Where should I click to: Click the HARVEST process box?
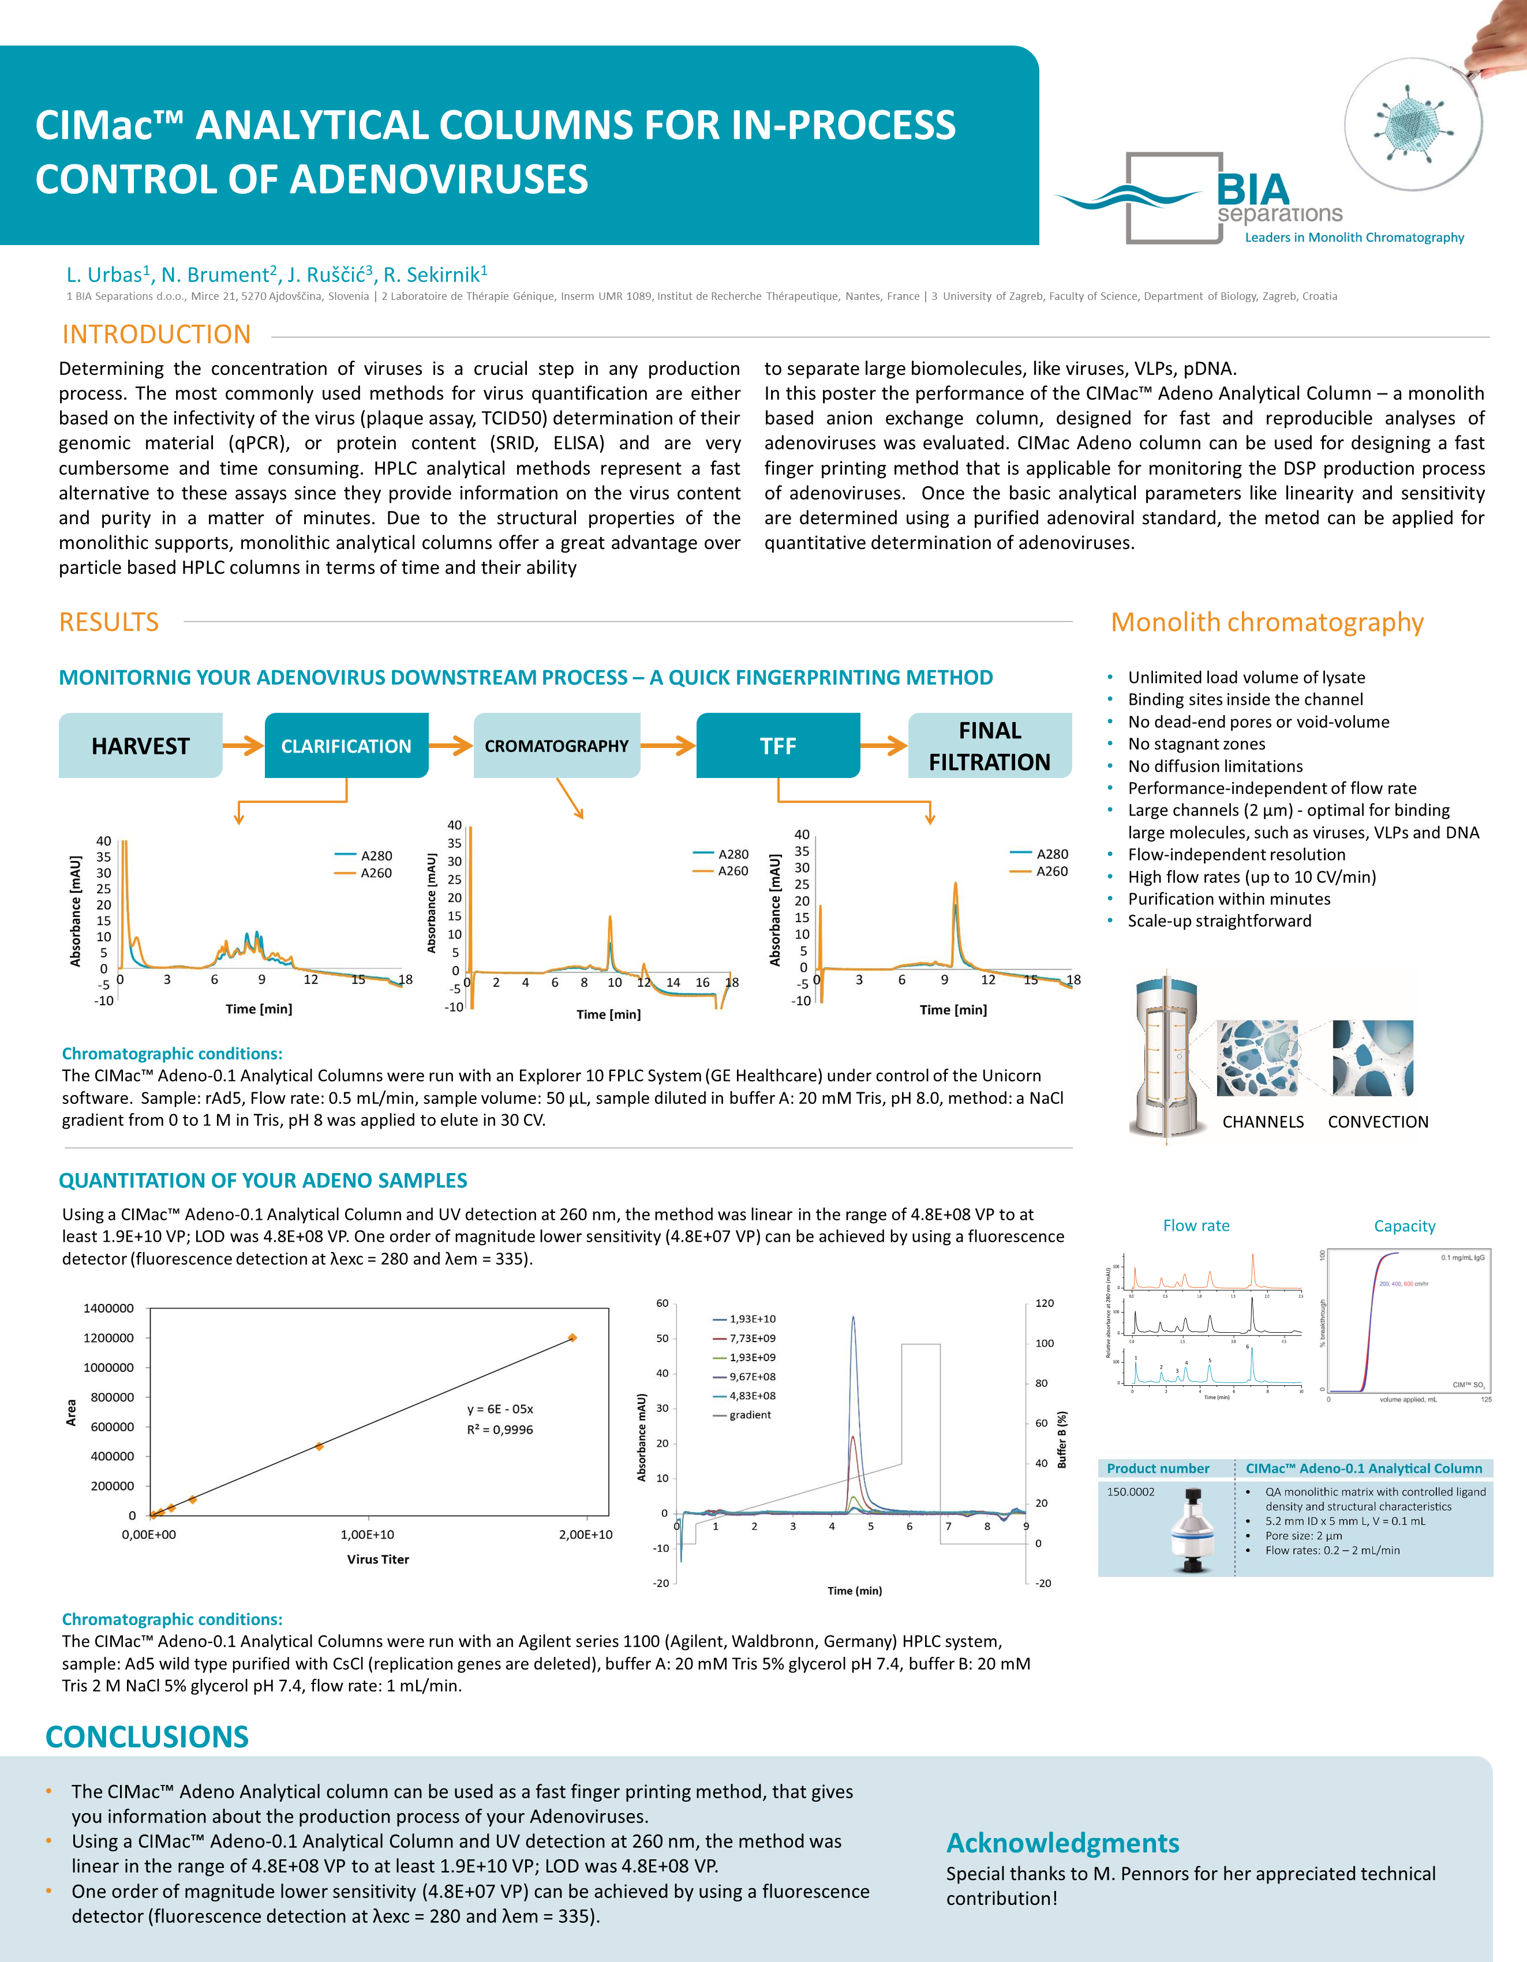pos(140,746)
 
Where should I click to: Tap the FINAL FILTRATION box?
pos(990,746)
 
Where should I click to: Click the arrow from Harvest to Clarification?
pos(242,746)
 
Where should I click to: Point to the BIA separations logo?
pos(1258,200)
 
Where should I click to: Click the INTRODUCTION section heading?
pos(156,334)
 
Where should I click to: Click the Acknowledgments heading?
pos(1062,1843)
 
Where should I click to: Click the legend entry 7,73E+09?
pos(751,1339)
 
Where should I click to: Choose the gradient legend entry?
pos(750,1415)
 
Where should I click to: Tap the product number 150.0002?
pos(1131,1492)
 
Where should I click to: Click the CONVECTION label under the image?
pos(1378,1122)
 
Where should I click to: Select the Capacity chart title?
pos(1404,1226)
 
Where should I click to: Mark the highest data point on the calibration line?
pos(572,1337)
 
